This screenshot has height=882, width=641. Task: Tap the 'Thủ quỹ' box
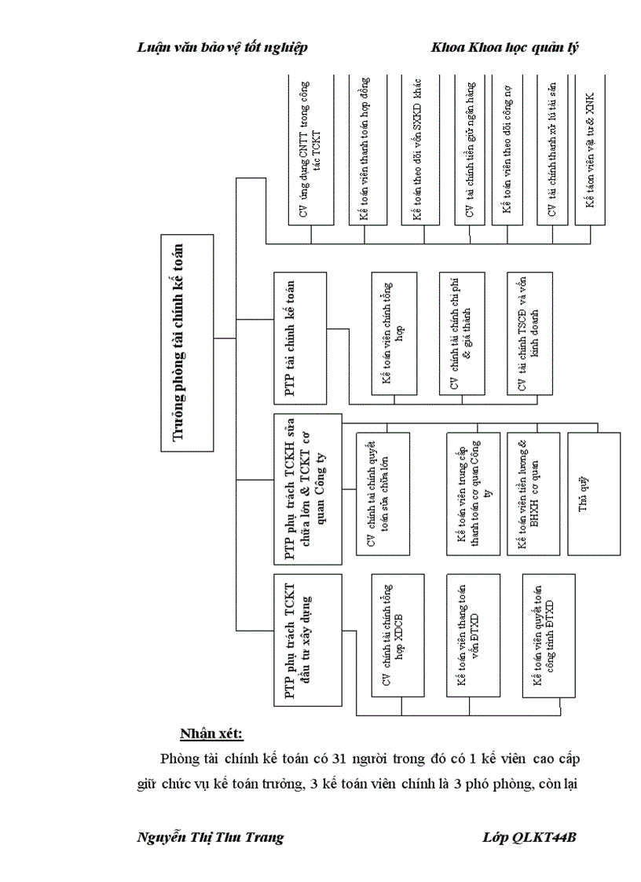pos(583,494)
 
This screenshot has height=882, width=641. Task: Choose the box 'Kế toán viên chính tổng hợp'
pos(397,334)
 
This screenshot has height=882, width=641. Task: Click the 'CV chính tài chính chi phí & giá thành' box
pos(462,334)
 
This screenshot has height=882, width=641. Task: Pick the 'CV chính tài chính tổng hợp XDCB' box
pos(397,635)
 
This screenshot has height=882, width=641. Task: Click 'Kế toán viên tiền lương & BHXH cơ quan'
pos(529,494)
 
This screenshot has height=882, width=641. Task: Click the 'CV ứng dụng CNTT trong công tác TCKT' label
pos(311,149)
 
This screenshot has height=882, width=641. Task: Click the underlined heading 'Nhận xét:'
pos(211,734)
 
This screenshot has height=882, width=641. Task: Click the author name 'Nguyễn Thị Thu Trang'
pos(211,837)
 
